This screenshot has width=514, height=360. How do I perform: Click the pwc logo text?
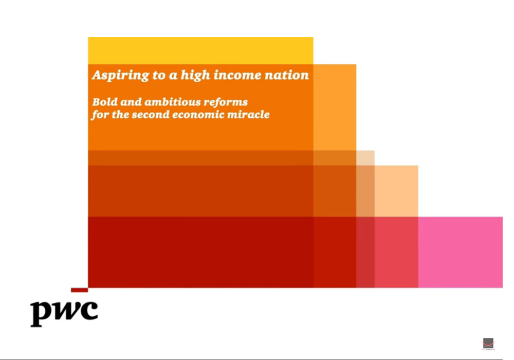[64, 313]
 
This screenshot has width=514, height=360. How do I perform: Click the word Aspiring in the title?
[120, 76]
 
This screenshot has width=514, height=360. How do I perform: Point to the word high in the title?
[195, 76]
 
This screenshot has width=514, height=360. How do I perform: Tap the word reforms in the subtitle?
[226, 102]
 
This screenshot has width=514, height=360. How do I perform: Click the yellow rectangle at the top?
[200, 50]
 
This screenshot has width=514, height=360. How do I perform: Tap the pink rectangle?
[460, 252]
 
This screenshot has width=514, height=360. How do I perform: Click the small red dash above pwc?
[79, 290]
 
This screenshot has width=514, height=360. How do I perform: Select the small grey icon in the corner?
[488, 344]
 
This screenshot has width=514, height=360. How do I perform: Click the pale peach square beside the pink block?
[396, 191]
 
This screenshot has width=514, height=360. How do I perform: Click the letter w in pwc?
[67, 310]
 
